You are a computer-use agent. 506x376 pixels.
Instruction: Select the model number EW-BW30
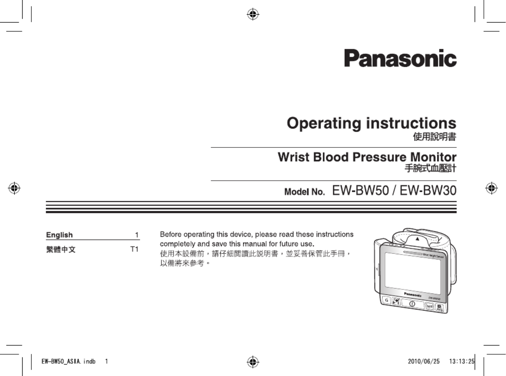click(428, 191)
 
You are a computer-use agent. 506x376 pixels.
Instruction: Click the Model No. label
click(304, 193)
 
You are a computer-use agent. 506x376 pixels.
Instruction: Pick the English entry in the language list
click(59, 235)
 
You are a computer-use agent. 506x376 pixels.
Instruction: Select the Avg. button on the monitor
click(439, 308)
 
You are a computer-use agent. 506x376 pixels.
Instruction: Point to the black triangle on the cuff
click(417, 239)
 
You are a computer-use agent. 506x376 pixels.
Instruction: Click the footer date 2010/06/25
click(424, 361)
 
